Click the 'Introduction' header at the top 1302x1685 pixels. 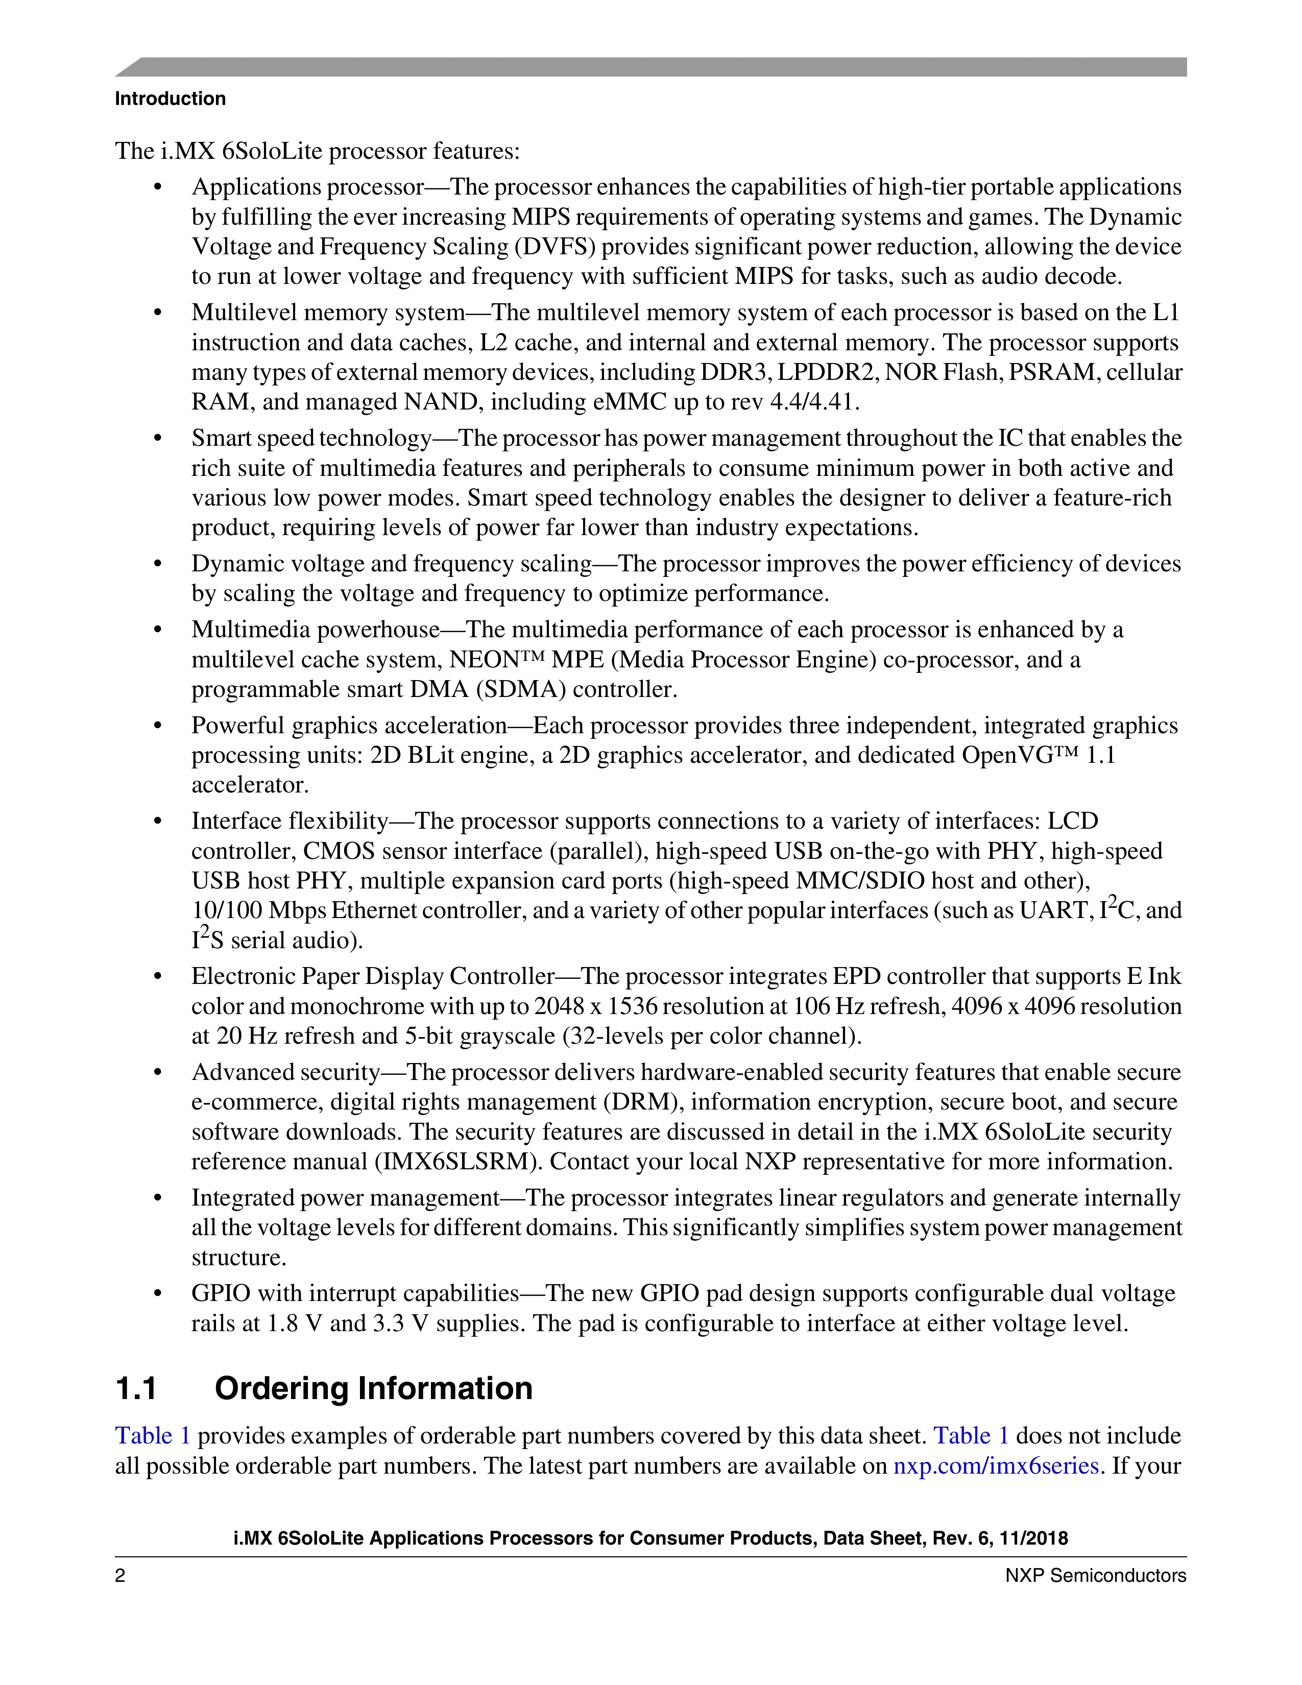[x=170, y=99]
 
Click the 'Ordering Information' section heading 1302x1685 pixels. [x=373, y=1388]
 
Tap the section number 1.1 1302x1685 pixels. [x=136, y=1388]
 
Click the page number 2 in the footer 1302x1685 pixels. [x=120, y=1575]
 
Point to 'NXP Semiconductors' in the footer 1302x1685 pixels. [x=1095, y=1575]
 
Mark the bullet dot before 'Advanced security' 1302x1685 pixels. [x=158, y=1072]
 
